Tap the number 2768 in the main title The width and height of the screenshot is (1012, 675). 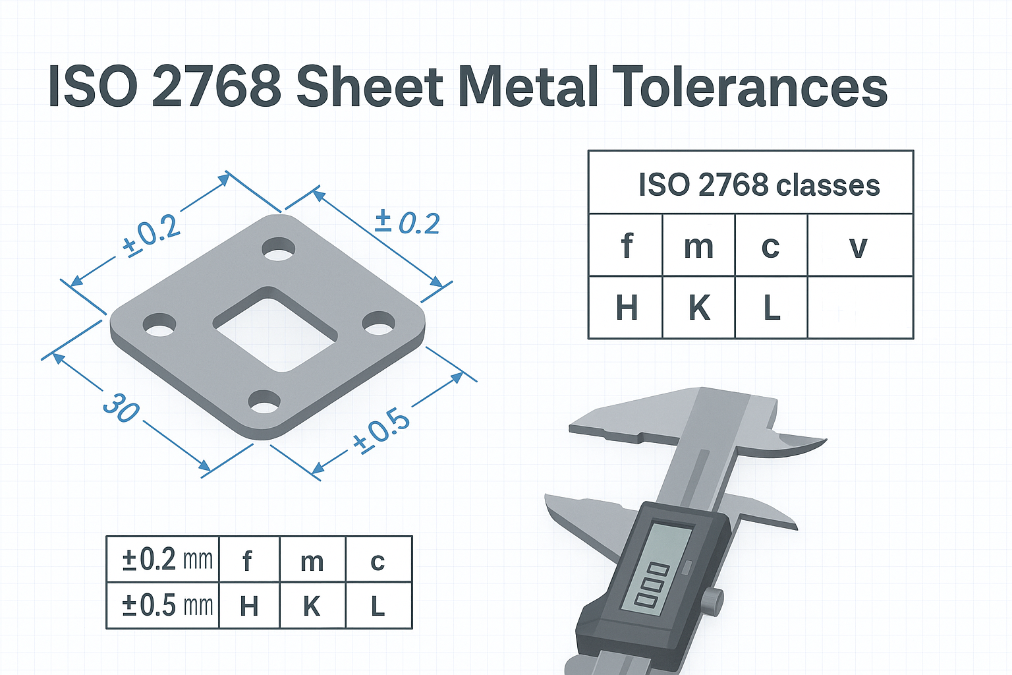[217, 87]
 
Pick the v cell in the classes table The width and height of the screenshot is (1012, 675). [859, 246]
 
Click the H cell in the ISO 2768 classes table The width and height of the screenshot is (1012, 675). [626, 307]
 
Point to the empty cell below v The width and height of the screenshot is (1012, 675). [860, 308]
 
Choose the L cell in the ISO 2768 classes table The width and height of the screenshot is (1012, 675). [771, 307]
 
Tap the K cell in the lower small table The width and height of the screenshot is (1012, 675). [312, 606]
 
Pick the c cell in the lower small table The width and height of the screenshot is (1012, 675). [378, 560]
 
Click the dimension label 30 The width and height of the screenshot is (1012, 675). [121, 407]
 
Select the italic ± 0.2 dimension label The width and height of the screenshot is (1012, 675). [407, 222]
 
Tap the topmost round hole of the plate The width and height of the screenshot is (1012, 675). [279, 250]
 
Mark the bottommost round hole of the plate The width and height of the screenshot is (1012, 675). [264, 401]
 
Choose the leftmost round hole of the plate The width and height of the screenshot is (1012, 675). [159, 325]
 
